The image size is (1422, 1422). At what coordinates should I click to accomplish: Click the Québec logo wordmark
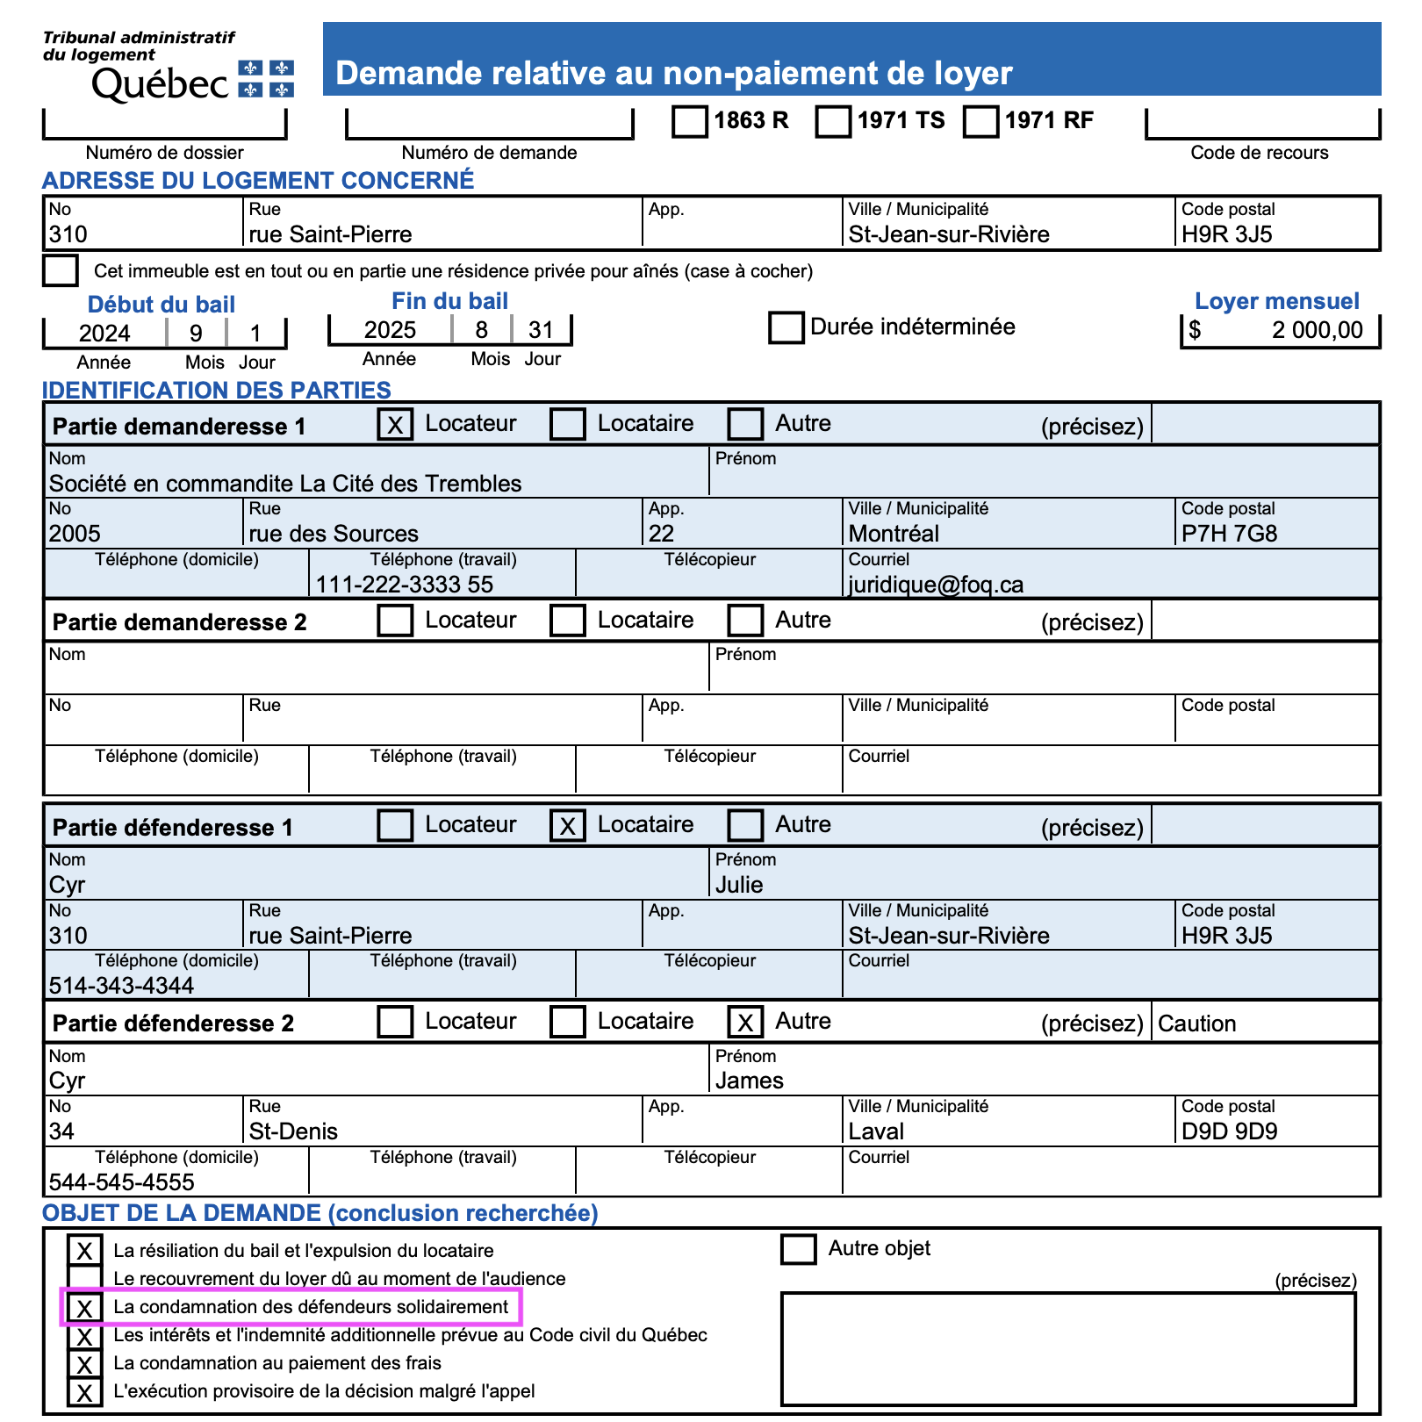pos(160,84)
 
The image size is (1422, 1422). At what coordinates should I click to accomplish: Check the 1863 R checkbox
pos(690,121)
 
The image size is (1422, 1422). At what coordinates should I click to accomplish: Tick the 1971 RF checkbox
pos(980,121)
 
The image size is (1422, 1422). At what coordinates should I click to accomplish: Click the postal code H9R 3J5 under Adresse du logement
pos(1226,234)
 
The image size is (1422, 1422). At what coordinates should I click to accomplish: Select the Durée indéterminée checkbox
pos(786,327)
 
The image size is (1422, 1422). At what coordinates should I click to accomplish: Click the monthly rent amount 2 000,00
pos(1317,330)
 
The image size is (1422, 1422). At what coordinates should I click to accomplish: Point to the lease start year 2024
pos(104,334)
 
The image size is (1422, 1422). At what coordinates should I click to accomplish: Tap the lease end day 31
pos(541,330)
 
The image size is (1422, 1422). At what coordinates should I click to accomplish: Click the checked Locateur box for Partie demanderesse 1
pos(395,425)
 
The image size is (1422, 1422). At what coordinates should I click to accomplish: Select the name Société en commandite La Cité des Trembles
pos(285,484)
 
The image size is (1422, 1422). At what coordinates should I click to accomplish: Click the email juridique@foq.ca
pos(936,585)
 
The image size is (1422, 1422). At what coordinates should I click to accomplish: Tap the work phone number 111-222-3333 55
pos(405,585)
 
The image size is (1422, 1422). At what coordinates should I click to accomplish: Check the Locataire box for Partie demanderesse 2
pos(568,621)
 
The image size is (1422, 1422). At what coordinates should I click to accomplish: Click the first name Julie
pos(739,885)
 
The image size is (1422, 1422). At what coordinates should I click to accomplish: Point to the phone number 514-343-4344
pos(121,986)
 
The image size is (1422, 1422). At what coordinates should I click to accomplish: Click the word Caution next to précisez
pos(1196,1023)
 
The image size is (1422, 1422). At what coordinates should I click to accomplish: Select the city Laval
pos(876,1131)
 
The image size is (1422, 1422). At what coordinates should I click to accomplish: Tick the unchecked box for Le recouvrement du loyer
pos(85,1279)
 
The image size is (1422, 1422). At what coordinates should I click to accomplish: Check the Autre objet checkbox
pos(798,1249)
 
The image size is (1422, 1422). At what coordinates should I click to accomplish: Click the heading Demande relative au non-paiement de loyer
pos(674,73)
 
